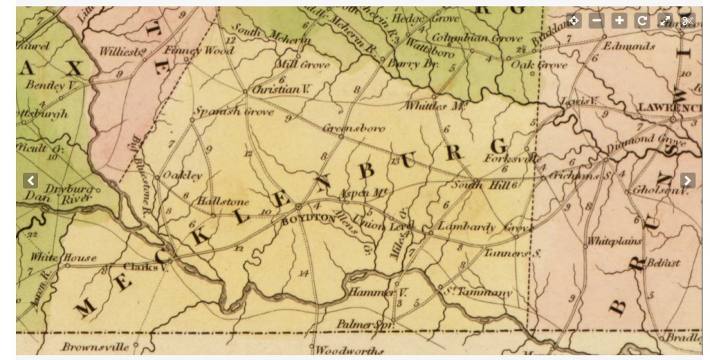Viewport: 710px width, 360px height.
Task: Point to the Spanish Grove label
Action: point(224,111)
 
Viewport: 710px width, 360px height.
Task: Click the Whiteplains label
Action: point(614,242)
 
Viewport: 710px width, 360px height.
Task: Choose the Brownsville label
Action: point(96,346)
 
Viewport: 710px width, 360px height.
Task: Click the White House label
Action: point(63,257)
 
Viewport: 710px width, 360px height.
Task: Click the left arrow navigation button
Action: point(31,181)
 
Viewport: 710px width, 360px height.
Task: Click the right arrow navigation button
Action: point(687,181)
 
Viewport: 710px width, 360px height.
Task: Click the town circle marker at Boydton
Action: point(298,207)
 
